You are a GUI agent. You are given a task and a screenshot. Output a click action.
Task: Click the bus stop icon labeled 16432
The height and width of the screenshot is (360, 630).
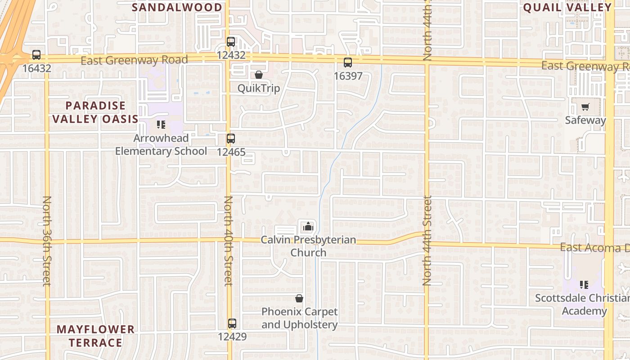tap(36, 55)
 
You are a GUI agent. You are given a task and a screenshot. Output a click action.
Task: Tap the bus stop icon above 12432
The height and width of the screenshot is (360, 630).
tap(231, 42)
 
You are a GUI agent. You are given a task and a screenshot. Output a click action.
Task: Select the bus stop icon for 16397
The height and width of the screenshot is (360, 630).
tap(348, 63)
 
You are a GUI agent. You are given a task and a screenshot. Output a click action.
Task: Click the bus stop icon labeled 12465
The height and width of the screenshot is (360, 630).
tap(231, 139)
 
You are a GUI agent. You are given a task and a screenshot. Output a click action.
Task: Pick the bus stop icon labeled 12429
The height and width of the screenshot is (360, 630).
tap(232, 323)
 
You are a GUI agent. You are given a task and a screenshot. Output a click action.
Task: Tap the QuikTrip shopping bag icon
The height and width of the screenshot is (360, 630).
tap(259, 75)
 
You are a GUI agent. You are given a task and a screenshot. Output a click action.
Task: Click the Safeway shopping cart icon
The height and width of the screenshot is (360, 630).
tap(585, 107)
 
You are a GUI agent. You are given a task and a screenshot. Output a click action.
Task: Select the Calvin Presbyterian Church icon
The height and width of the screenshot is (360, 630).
tap(308, 226)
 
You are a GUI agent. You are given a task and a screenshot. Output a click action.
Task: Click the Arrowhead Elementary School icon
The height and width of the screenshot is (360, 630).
tap(161, 125)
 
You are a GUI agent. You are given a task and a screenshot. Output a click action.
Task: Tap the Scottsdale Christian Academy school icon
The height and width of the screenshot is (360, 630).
tap(584, 284)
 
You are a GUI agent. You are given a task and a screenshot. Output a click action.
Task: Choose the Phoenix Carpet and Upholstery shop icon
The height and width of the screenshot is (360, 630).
tap(299, 298)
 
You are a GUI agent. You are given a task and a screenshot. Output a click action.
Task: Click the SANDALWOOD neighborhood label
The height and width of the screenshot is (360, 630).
tap(177, 7)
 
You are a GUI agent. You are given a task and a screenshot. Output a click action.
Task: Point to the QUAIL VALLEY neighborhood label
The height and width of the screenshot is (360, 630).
tap(567, 7)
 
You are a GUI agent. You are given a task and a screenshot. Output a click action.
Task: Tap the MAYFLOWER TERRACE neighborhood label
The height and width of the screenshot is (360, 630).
tap(95, 336)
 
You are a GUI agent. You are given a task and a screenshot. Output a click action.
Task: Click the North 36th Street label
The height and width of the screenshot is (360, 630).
tap(47, 241)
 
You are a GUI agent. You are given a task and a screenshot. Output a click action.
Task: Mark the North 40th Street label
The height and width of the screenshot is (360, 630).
tap(229, 241)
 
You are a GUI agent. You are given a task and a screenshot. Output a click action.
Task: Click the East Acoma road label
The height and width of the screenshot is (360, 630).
tap(594, 248)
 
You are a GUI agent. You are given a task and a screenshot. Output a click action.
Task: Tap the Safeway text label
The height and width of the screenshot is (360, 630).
tap(585, 120)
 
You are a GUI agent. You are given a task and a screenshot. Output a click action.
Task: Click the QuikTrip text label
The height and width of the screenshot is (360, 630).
tap(259, 88)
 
